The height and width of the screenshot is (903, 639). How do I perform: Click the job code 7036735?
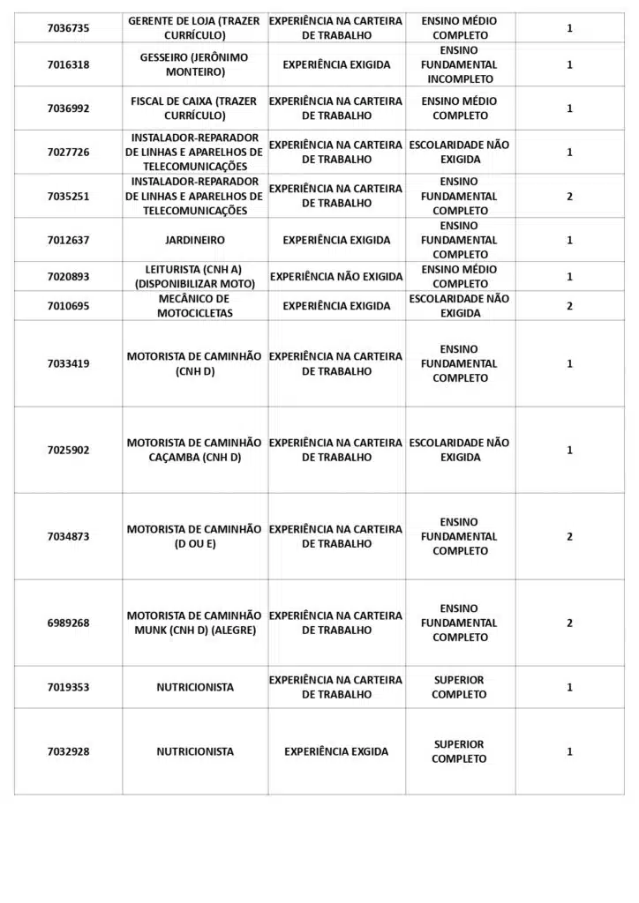[68, 28]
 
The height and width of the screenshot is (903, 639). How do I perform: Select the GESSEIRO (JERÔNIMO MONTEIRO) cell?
[195, 64]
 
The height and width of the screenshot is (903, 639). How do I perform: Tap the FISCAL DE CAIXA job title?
[195, 108]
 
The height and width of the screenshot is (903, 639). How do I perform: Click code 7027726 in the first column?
[68, 153]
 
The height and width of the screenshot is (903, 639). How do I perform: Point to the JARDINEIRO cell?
[195, 240]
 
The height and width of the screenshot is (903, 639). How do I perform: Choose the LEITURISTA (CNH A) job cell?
[195, 276]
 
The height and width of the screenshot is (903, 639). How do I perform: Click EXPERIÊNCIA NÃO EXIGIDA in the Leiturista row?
[336, 276]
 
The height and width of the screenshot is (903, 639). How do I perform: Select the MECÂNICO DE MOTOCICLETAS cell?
[195, 306]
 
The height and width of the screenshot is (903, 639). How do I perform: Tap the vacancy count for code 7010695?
[569, 306]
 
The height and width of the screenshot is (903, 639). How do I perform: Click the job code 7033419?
[68, 363]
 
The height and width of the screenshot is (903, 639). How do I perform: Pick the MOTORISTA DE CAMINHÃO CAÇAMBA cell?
[195, 450]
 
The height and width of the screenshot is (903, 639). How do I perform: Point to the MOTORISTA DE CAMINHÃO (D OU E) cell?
[195, 536]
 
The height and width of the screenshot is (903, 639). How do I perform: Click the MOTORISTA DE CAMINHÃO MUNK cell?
[195, 623]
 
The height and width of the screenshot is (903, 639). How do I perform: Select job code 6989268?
[68, 623]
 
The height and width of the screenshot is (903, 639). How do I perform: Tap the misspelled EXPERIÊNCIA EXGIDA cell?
[336, 752]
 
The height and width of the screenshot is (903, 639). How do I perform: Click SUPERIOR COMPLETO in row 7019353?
[459, 687]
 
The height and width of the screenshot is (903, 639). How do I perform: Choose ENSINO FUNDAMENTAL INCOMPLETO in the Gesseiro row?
[459, 64]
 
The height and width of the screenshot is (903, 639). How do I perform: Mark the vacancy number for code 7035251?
[569, 196]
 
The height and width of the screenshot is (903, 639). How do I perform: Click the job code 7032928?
[68, 752]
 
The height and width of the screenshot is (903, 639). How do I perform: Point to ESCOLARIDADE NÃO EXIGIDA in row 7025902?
[459, 450]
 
